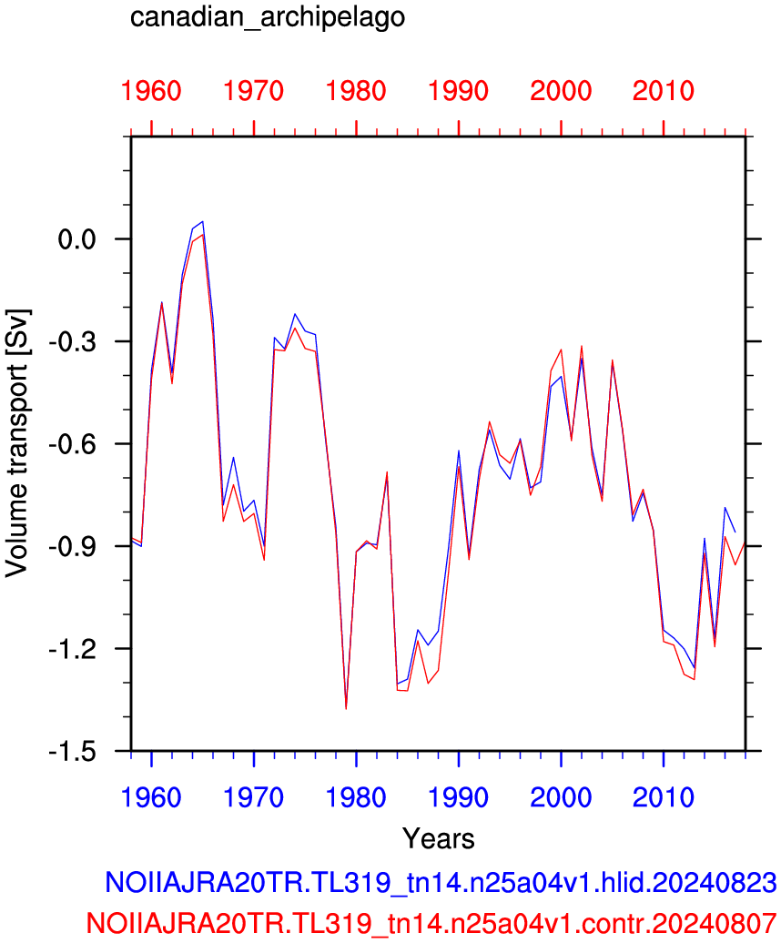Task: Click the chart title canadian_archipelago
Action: click(x=268, y=16)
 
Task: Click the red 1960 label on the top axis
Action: click(x=151, y=91)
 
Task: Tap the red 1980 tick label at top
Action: click(x=356, y=91)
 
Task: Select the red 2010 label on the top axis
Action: click(x=664, y=91)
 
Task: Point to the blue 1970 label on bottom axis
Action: click(x=253, y=797)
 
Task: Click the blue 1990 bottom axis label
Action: click(x=458, y=797)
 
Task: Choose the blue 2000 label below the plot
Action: click(x=561, y=797)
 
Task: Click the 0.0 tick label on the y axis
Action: click(x=77, y=239)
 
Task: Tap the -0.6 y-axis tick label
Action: click(x=72, y=444)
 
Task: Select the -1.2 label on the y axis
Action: click(x=72, y=649)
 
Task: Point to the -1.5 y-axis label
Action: click(x=72, y=752)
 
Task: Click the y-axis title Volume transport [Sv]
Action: click(x=16, y=444)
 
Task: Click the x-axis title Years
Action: click(x=439, y=838)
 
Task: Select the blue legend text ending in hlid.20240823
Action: click(x=441, y=882)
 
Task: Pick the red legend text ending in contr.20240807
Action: click(x=431, y=922)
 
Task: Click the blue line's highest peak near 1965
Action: click(x=203, y=221)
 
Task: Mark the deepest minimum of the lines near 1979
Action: click(x=346, y=709)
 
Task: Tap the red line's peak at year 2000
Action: click(x=561, y=350)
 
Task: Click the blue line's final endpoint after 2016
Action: click(x=735, y=532)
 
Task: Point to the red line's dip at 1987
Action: click(x=428, y=684)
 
